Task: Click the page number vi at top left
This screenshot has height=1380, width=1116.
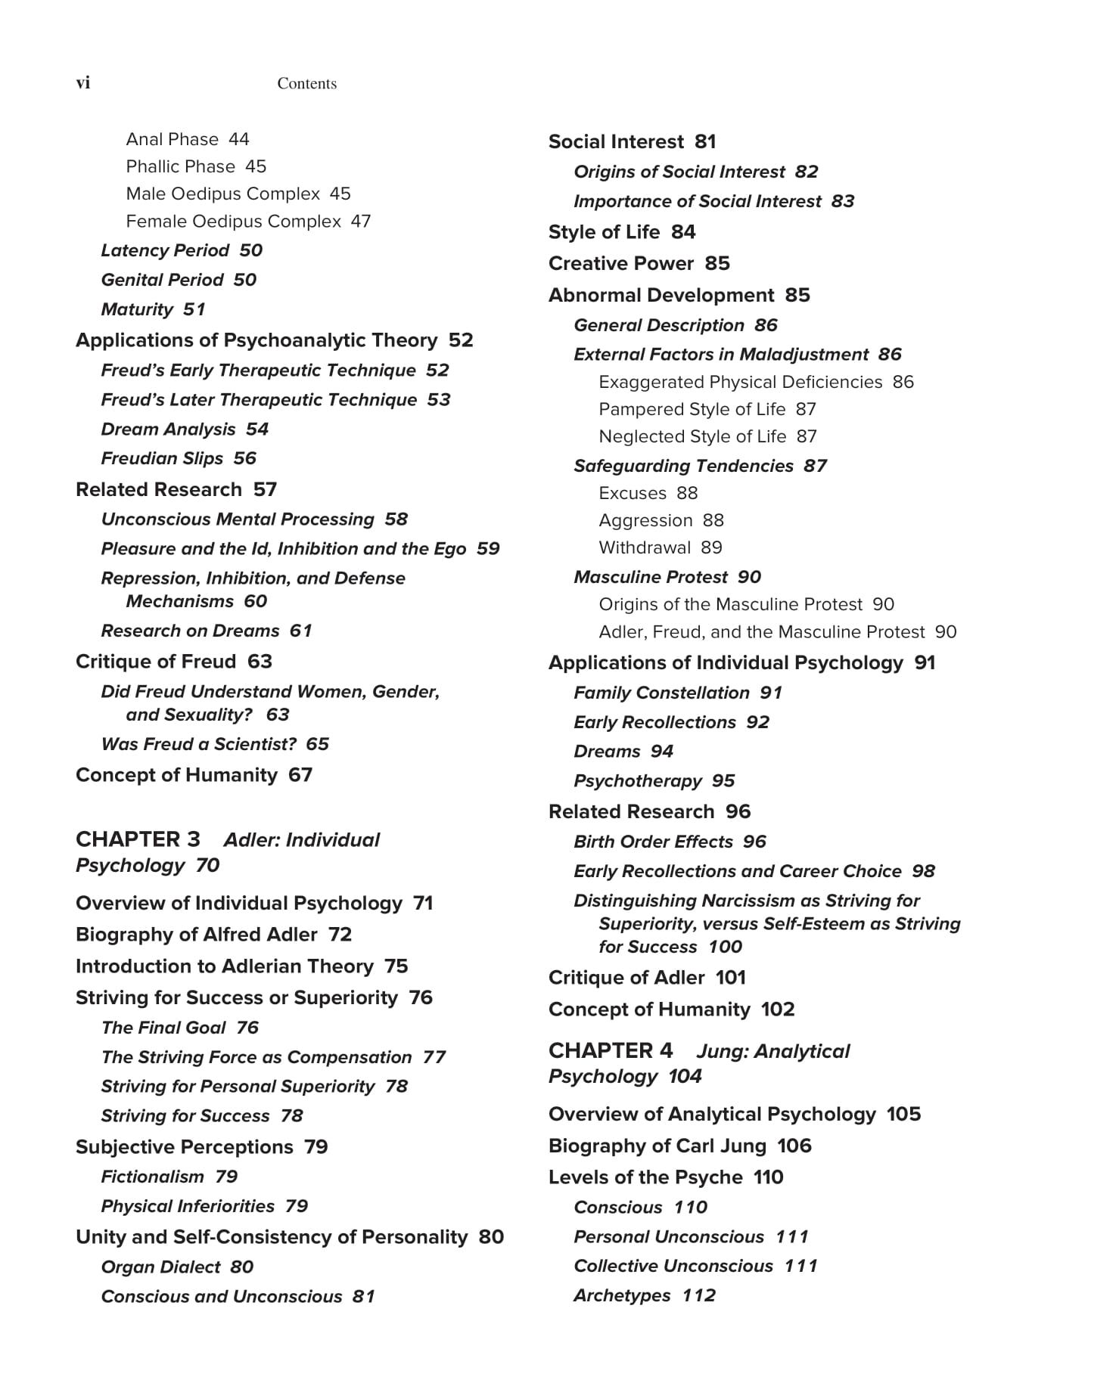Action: [83, 83]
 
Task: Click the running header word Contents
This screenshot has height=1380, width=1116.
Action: [306, 84]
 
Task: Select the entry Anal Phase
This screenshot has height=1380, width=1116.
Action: [172, 139]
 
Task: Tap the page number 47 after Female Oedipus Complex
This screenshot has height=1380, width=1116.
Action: [361, 222]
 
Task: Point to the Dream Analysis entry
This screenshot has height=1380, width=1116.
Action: [168, 430]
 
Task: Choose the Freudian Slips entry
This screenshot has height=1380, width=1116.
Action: [162, 459]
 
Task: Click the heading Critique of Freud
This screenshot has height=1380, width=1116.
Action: [156, 662]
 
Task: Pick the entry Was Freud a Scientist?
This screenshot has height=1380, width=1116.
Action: [198, 744]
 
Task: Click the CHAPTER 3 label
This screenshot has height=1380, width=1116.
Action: [138, 839]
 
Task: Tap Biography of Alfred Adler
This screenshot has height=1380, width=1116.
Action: [196, 935]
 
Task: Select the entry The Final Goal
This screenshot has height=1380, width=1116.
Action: [163, 1028]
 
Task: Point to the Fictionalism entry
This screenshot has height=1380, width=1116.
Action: [152, 1177]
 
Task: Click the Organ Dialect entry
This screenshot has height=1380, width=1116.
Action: [160, 1267]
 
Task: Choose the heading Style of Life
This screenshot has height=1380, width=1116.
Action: [604, 232]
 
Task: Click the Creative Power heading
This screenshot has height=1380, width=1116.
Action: [620, 264]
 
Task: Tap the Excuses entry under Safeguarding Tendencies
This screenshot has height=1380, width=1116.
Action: [633, 493]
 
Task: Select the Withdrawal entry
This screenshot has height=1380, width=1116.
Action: [645, 547]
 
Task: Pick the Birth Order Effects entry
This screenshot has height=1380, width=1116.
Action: [653, 842]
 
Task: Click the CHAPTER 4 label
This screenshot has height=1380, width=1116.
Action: [610, 1050]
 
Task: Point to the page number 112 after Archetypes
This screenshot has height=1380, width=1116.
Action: [698, 1295]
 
